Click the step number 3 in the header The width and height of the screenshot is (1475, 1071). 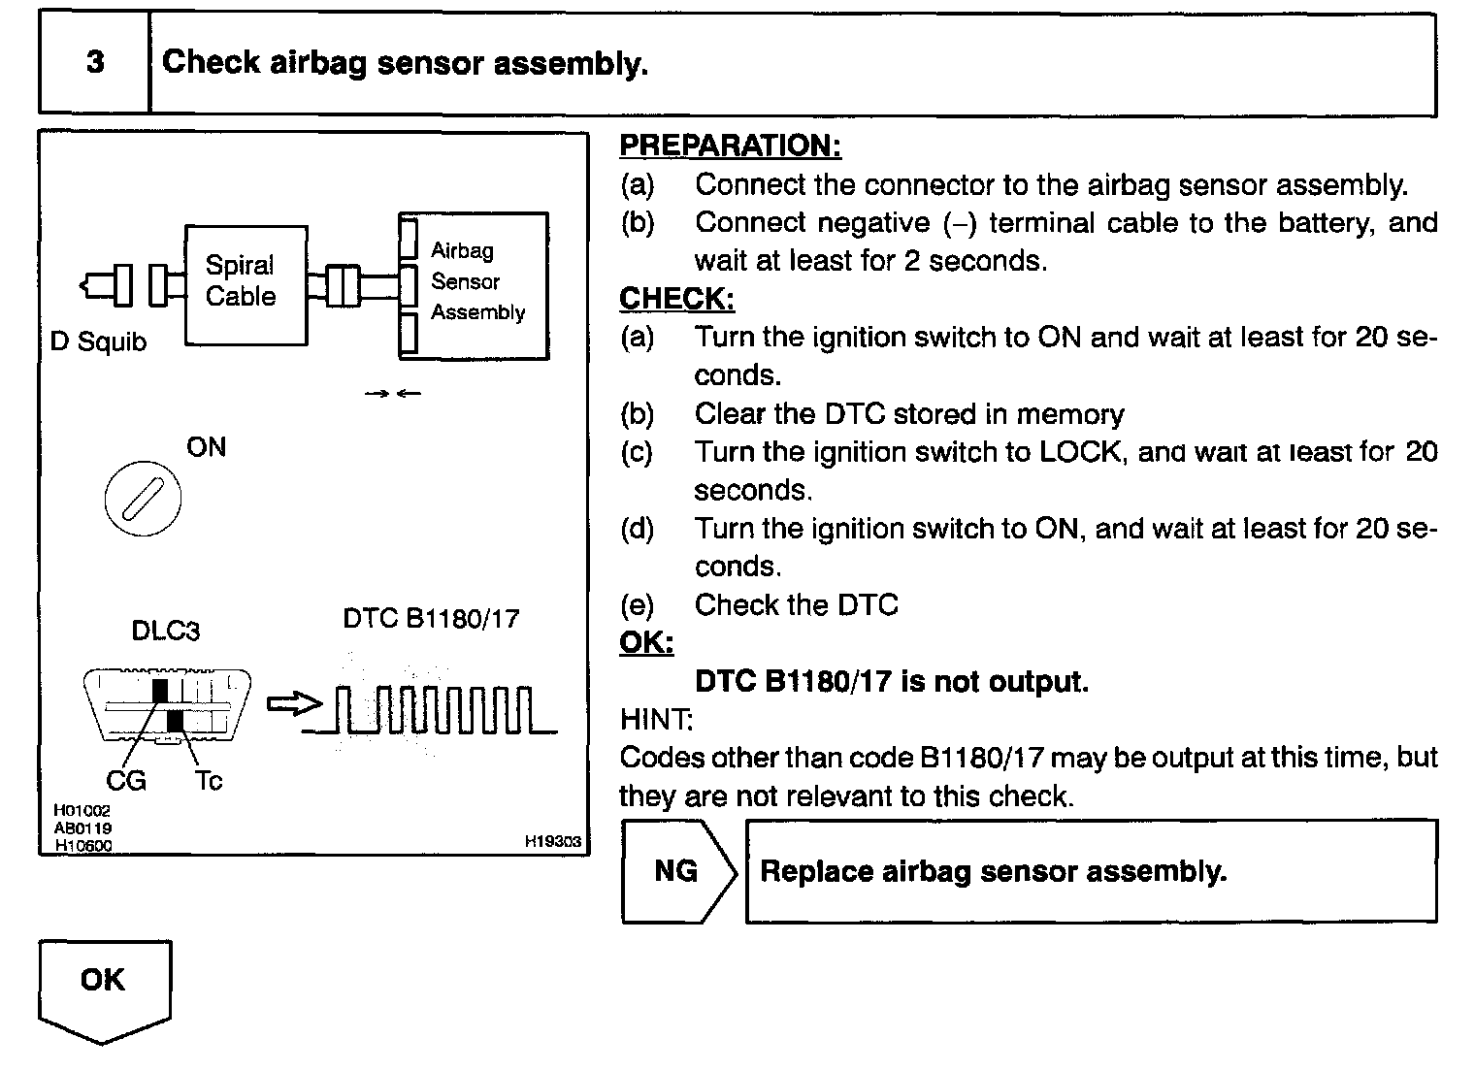(95, 63)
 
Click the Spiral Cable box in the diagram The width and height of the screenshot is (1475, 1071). (246, 284)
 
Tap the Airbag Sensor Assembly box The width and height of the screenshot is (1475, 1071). (475, 285)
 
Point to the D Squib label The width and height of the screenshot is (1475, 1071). (98, 342)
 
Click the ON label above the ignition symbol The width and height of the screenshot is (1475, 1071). (206, 447)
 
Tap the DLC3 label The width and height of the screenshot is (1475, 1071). (165, 632)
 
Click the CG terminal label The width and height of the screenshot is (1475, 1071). (125, 780)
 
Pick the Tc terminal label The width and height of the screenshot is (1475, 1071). (209, 780)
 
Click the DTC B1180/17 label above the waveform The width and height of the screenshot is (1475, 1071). (431, 619)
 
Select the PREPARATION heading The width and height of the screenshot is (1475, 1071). (730, 146)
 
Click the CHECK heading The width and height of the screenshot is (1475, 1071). (676, 299)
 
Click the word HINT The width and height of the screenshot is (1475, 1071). (656, 720)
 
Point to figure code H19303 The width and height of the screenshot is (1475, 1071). (552, 842)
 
